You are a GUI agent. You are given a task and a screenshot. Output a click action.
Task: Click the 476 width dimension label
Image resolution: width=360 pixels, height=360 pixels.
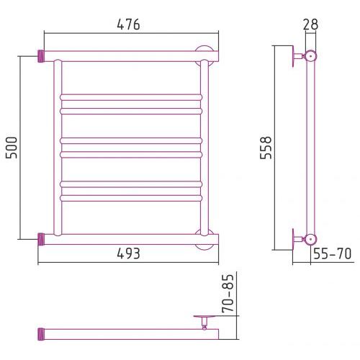pos(128,24)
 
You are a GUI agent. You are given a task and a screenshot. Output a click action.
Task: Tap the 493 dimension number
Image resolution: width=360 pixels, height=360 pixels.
pos(128,253)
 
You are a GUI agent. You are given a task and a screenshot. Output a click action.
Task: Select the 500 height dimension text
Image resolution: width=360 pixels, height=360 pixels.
pos(12,148)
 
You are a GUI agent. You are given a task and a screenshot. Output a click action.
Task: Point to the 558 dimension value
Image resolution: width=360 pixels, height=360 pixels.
pos(266,148)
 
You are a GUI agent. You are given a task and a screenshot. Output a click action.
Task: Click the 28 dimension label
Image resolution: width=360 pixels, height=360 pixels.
pos(310,24)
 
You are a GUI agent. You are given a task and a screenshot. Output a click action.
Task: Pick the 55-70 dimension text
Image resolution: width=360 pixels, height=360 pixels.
pos(333,253)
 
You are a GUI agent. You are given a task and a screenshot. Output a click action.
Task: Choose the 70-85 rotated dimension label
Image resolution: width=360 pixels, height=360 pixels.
pos(228,293)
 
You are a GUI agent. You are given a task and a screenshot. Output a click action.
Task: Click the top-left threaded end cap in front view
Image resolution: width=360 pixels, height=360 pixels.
pos(41,56)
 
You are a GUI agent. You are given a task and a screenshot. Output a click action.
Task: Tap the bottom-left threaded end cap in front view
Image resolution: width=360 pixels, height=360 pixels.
pos(41,239)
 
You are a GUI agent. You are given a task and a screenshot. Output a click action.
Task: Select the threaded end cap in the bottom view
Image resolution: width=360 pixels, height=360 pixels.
pos(41,334)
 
